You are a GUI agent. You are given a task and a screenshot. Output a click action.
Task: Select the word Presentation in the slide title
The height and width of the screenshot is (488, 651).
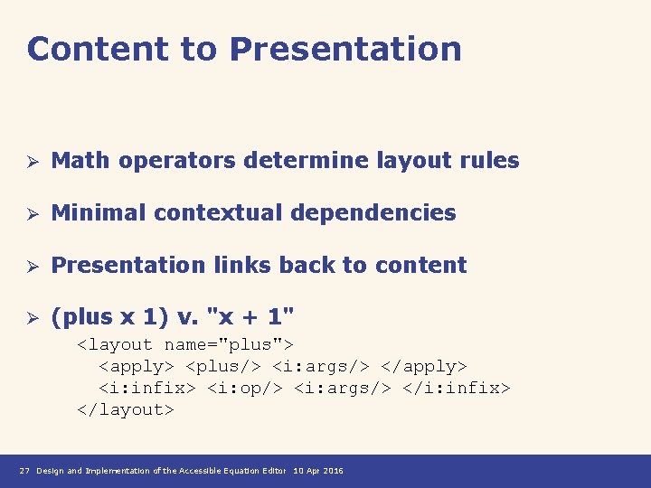(x=345, y=49)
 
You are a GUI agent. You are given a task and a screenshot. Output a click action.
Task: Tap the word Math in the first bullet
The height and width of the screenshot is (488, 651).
(x=80, y=161)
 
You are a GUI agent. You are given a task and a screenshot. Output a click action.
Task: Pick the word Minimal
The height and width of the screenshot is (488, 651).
(x=99, y=213)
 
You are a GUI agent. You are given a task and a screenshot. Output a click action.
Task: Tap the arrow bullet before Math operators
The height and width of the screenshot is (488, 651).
(x=30, y=162)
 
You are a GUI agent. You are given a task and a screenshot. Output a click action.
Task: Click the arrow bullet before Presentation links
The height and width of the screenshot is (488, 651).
(x=30, y=267)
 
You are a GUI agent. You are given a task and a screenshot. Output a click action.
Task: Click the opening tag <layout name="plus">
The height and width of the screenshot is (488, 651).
(x=185, y=344)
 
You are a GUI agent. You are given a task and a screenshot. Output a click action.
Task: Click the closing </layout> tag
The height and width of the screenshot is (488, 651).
(x=125, y=409)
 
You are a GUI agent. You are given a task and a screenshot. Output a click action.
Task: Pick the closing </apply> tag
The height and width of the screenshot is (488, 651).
(x=424, y=366)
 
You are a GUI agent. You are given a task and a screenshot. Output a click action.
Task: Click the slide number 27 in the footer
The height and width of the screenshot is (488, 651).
(x=24, y=471)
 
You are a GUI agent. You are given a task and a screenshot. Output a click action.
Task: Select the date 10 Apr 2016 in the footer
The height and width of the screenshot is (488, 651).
(x=318, y=471)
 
